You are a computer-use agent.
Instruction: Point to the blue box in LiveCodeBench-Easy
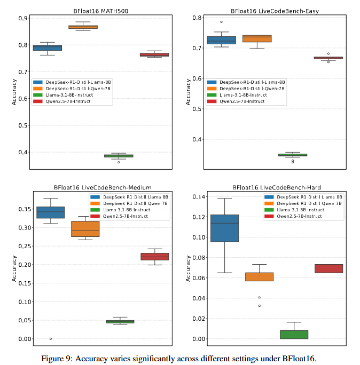tap(221, 40)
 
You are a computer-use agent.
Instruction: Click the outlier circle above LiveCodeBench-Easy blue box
tap(221, 22)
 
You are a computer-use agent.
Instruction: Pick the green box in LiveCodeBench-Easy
tap(293, 155)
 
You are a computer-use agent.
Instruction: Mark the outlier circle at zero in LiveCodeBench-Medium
tap(51, 339)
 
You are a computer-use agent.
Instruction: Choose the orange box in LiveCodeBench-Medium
tap(85, 229)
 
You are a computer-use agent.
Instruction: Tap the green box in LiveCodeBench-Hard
tap(293, 335)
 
